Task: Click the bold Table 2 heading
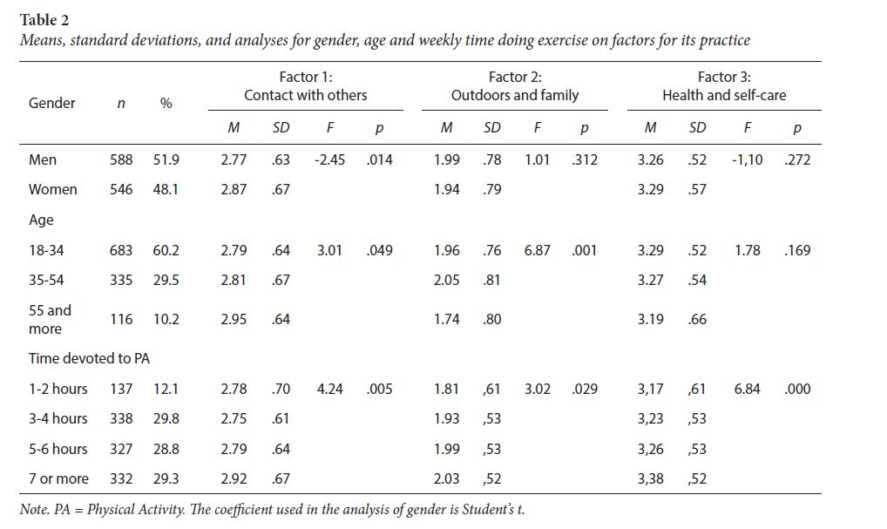(x=46, y=18)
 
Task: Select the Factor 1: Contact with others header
(x=305, y=86)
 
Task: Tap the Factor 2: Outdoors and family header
(x=514, y=86)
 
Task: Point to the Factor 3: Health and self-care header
(x=723, y=86)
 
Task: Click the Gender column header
(x=52, y=103)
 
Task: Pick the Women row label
(x=53, y=189)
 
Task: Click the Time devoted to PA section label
(x=84, y=358)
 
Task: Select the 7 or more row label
(x=58, y=479)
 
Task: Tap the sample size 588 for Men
(x=121, y=159)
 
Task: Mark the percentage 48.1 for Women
(x=166, y=189)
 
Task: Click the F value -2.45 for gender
(x=329, y=159)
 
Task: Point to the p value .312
(x=584, y=159)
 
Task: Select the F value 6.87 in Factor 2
(x=538, y=250)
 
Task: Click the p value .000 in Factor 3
(x=796, y=389)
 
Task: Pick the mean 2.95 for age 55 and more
(x=234, y=319)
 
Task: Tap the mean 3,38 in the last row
(x=650, y=479)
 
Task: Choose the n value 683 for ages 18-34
(x=121, y=250)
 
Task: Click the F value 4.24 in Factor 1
(x=329, y=389)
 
